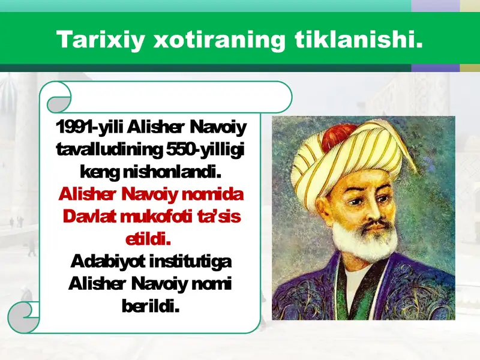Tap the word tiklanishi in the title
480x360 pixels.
359,39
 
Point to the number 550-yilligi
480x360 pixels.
205,149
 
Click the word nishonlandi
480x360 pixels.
172,172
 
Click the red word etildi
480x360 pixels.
148,239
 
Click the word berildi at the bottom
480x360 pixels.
151,306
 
